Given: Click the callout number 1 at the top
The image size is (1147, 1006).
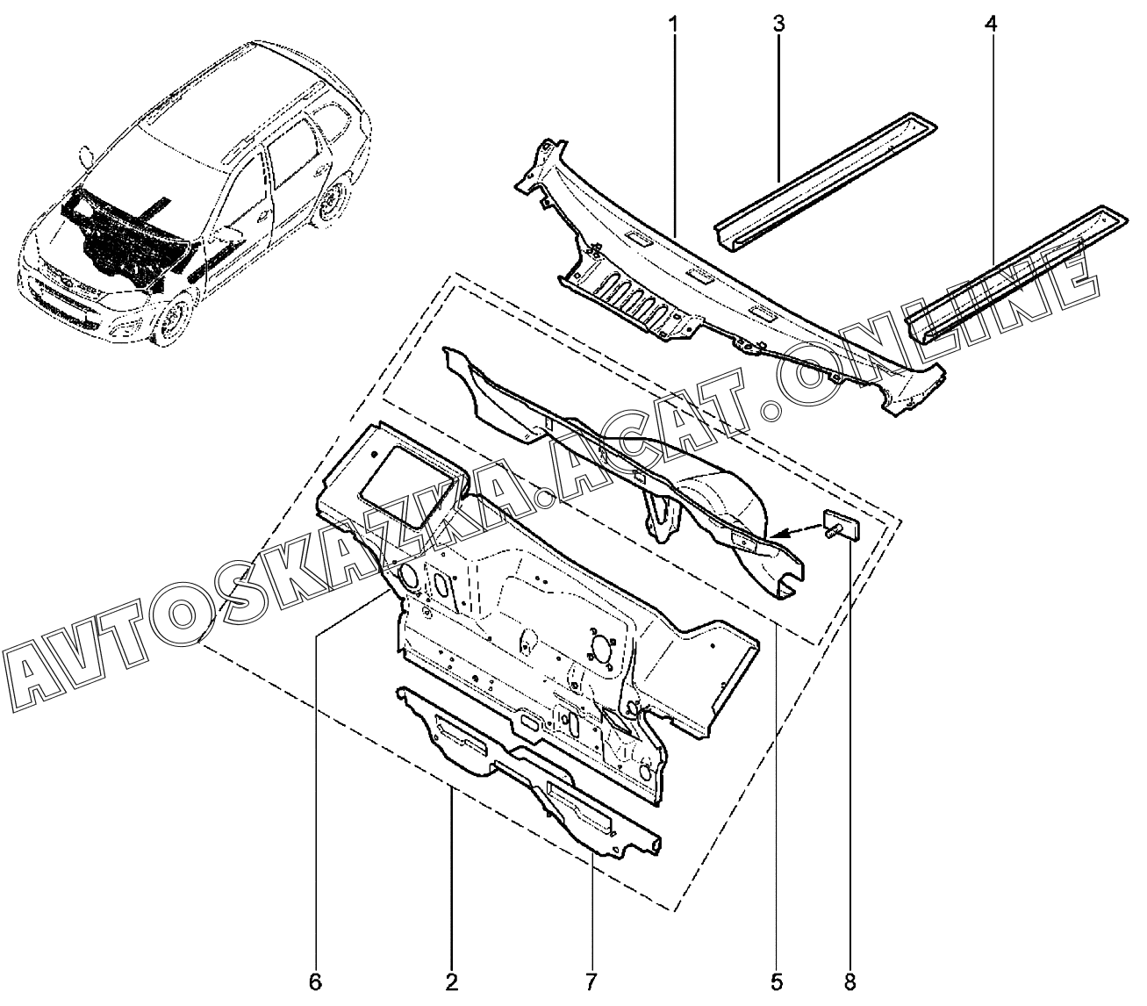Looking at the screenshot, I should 674,25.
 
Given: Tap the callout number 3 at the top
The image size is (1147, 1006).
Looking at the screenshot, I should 778,25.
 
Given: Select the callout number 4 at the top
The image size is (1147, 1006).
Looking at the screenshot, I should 991,25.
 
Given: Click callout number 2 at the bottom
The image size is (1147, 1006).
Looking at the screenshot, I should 452,981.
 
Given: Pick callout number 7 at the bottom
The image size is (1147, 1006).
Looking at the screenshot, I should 591,981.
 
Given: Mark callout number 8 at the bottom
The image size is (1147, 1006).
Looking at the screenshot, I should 849,981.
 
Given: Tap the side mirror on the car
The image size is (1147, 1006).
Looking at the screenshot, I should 87,157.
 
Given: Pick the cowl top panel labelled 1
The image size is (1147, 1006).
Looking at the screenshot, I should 746,290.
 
